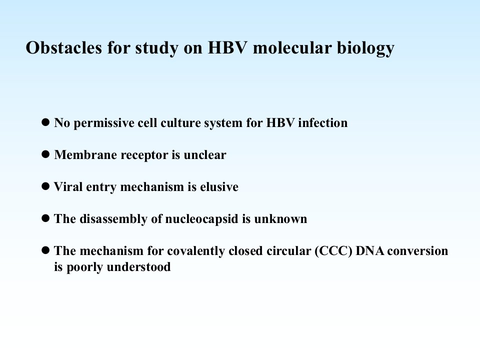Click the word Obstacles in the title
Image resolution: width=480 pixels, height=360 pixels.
coord(63,47)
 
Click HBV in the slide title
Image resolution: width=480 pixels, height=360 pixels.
coord(227,48)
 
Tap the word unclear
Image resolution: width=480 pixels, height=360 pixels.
coord(205,154)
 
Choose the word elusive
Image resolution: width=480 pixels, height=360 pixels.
coord(219,186)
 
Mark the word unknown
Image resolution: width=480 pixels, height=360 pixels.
coord(280,218)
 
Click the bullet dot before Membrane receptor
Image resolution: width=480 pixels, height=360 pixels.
coord(45,154)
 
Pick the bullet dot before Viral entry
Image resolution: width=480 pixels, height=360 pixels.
coord(45,186)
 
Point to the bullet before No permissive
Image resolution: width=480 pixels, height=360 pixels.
coord(45,122)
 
